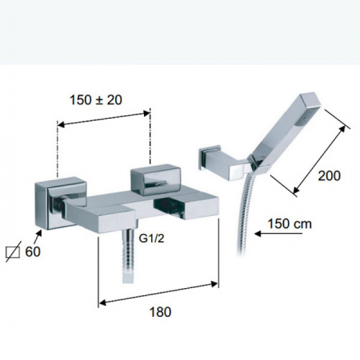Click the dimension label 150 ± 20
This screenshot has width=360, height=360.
point(96,100)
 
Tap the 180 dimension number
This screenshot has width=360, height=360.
point(161,312)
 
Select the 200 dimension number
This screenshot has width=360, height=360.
point(329,176)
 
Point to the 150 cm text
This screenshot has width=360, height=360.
point(289,224)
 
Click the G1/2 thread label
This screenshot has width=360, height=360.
point(151,238)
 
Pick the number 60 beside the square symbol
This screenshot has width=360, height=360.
point(33,252)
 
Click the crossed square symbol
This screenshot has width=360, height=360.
point(13,252)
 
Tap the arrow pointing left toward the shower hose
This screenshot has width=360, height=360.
point(279,233)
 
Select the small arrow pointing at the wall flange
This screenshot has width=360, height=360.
point(38,236)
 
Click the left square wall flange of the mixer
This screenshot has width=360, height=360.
point(60,204)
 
